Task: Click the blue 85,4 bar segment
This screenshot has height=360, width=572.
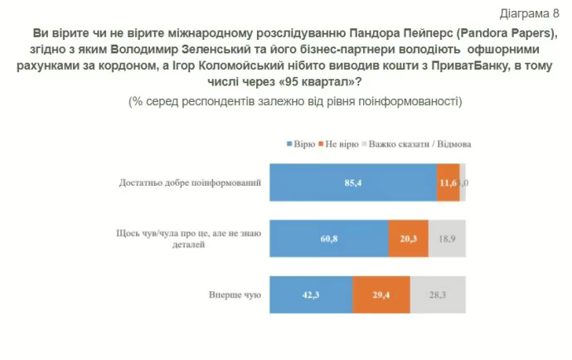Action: pos(354,182)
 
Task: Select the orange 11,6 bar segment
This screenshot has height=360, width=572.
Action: pos(448,182)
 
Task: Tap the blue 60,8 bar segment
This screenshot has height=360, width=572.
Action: pos(329,237)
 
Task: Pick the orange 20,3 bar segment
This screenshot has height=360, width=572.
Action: pos(408,237)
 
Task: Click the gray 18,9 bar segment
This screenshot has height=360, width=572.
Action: pos(447,237)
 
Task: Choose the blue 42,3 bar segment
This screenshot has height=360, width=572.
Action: pos(311,293)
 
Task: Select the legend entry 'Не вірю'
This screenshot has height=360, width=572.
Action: pos(341,144)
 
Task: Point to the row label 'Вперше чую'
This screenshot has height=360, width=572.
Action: pos(236,294)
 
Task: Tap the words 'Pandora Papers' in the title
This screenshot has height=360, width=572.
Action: pos(511,32)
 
